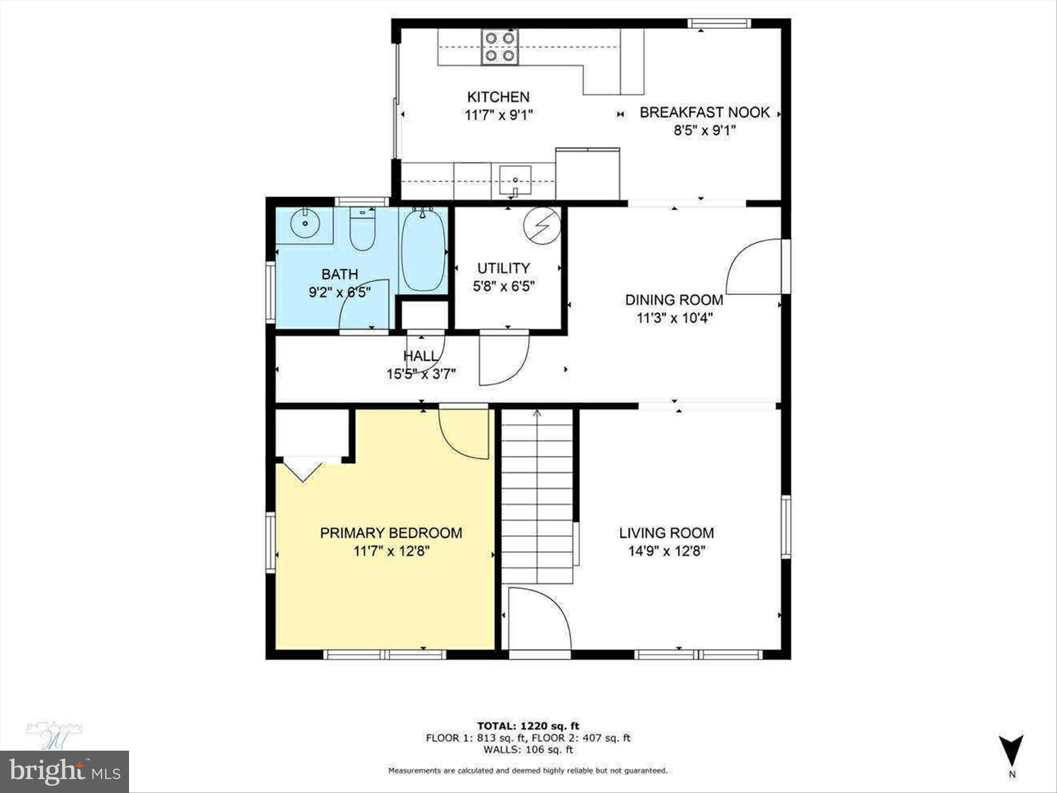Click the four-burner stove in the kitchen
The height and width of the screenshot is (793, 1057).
tap(500, 46)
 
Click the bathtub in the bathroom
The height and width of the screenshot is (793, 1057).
tap(423, 250)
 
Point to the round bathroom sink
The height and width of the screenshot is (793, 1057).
tap(305, 224)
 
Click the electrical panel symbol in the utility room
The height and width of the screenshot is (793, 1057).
tap(542, 227)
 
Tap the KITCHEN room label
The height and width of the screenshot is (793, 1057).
tap(498, 97)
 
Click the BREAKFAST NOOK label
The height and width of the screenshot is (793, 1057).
tap(704, 113)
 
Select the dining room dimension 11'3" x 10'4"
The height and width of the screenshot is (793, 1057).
tap(674, 318)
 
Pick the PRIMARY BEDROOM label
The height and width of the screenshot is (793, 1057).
tap(391, 533)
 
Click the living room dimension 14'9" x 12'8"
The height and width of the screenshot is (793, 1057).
tap(666, 551)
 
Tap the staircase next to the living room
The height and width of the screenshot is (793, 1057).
tap(537, 496)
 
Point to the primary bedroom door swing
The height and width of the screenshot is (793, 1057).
tap(463, 433)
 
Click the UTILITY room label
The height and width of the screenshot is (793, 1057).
tap(503, 268)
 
